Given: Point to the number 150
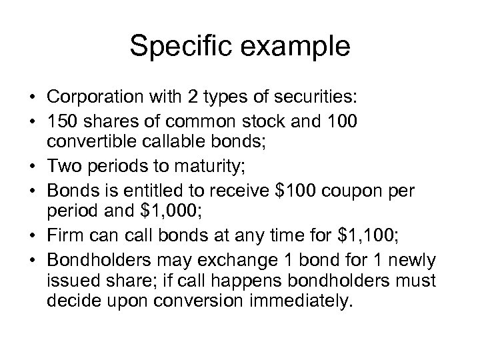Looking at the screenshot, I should coord(62,119).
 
